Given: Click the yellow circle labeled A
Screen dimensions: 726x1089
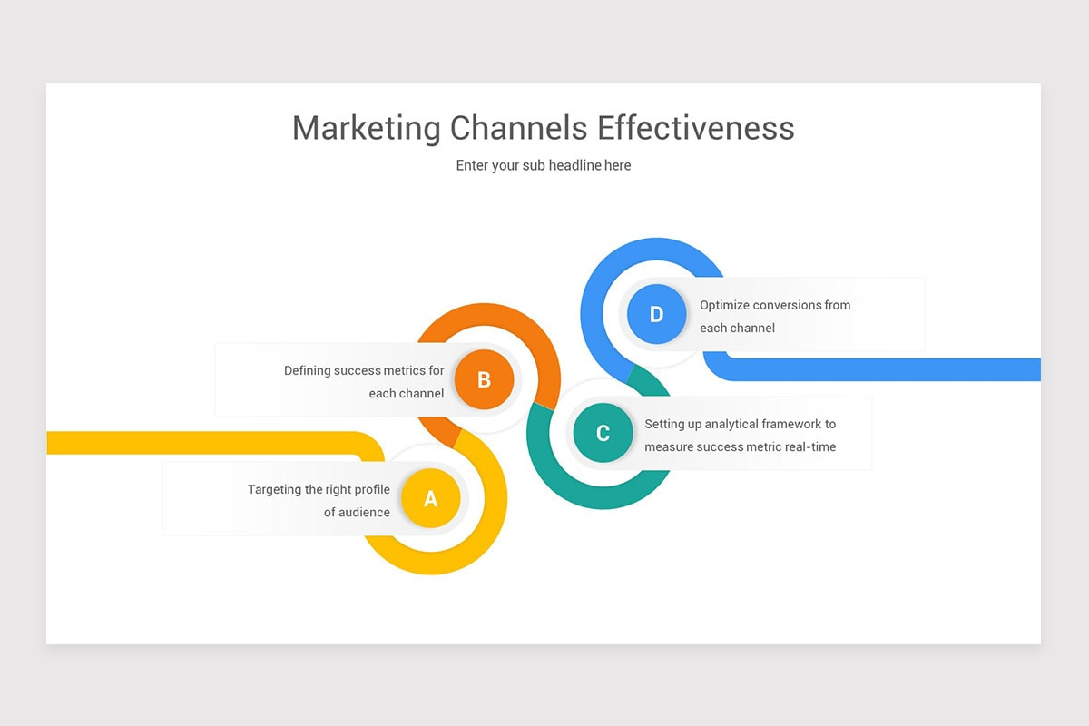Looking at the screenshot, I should (x=430, y=497).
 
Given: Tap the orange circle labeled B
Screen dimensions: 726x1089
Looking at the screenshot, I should (x=484, y=379).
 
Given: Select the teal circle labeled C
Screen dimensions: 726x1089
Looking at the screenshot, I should (x=603, y=433).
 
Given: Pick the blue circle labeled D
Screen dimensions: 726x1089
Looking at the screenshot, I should (x=656, y=314).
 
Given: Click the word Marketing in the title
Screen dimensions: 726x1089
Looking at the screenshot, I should (x=366, y=128).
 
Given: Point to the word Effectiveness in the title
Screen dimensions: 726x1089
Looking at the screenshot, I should (x=696, y=128).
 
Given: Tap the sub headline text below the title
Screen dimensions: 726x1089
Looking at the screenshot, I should (x=544, y=165).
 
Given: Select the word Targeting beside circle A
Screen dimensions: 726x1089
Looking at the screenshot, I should (x=275, y=489).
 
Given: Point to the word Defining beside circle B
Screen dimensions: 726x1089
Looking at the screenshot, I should (x=307, y=370).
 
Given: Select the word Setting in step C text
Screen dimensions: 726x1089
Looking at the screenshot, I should (x=665, y=424).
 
